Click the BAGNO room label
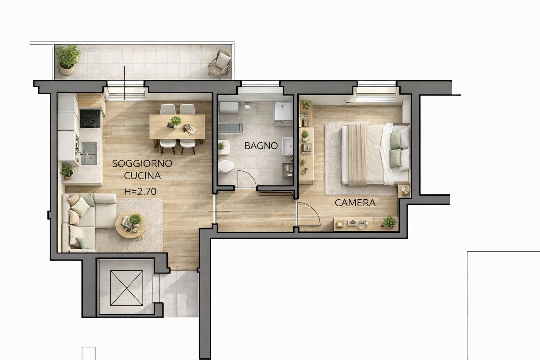(261, 146)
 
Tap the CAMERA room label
(355, 203)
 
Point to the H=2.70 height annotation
(140, 192)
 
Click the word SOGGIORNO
(142, 163)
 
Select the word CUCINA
(142, 176)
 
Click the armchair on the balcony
(220, 63)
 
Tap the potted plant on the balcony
(68, 60)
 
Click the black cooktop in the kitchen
(90, 118)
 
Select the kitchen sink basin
(89, 154)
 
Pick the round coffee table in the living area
(130, 225)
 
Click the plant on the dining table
(176, 122)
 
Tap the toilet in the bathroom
(226, 167)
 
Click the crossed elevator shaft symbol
(127, 288)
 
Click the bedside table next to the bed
(404, 191)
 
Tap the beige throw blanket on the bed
(358, 155)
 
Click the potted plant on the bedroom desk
(388, 221)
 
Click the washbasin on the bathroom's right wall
(287, 146)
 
